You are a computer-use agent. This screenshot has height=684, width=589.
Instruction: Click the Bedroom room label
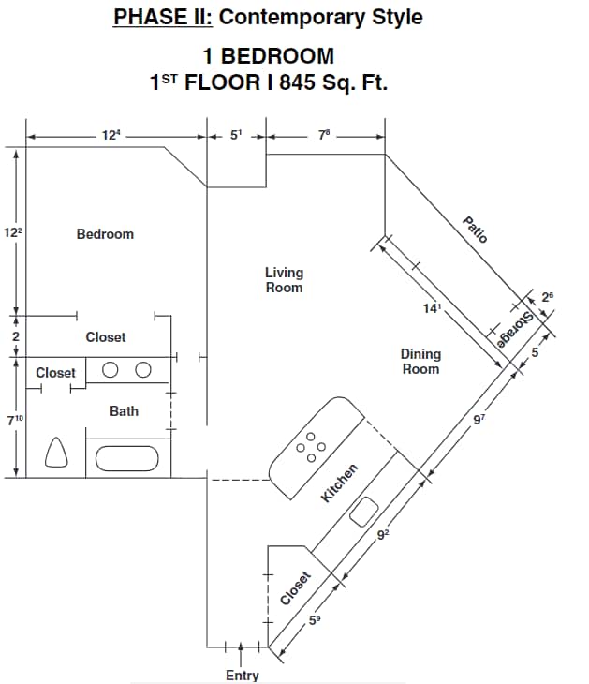[105, 234]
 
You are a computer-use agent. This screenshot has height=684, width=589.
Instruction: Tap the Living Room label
[284, 280]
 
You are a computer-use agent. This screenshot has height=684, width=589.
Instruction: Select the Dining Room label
[420, 362]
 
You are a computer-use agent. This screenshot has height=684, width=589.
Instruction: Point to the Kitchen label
[340, 483]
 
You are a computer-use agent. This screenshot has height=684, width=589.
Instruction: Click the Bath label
[124, 410]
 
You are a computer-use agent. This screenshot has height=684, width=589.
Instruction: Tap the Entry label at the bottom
[243, 675]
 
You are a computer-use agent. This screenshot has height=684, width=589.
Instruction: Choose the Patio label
[476, 230]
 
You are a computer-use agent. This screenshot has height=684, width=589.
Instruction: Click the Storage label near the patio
[516, 331]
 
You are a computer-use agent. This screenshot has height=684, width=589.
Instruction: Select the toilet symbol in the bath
[58, 454]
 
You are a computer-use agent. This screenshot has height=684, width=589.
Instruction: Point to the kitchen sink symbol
[364, 512]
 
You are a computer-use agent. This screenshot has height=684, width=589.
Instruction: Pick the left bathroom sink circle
[110, 369]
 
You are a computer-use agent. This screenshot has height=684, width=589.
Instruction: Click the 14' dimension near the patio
[432, 309]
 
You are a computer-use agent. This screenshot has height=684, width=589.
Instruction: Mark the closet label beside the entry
[294, 588]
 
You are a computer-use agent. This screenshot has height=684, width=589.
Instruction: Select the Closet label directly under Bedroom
[105, 336]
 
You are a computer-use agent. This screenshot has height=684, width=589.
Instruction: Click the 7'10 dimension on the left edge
[15, 421]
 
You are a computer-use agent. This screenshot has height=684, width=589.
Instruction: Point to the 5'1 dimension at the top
[236, 136]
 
